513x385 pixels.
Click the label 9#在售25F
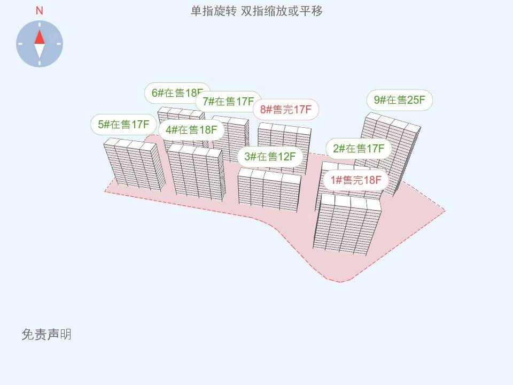(399, 100)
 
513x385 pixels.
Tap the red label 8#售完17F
(285, 109)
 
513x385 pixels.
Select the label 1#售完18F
(356, 180)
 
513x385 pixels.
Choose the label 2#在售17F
(359, 149)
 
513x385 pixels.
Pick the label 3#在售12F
(270, 157)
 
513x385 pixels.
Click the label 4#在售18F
(191, 130)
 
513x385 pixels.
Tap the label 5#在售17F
(123, 125)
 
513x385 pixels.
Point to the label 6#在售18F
(177, 93)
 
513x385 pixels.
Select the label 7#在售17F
(228, 102)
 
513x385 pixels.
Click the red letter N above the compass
(39, 11)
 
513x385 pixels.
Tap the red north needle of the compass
(40, 37)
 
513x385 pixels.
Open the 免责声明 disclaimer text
(46, 335)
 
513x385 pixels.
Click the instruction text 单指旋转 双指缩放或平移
(257, 11)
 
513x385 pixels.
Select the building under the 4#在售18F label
(196, 172)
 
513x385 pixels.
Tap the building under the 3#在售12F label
(269, 190)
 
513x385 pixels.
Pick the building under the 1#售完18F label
(347, 224)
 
